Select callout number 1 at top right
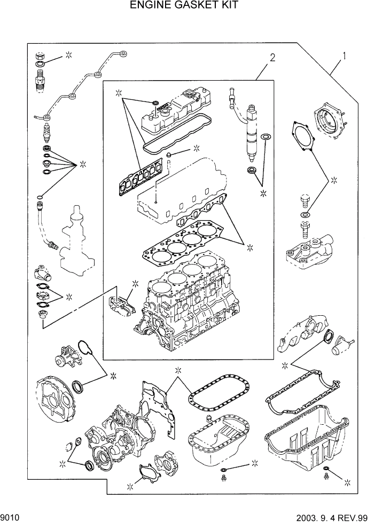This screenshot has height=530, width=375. pos(346,55)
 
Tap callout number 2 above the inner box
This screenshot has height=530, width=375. pos(272,58)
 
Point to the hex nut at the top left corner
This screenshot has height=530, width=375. pos(39,56)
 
